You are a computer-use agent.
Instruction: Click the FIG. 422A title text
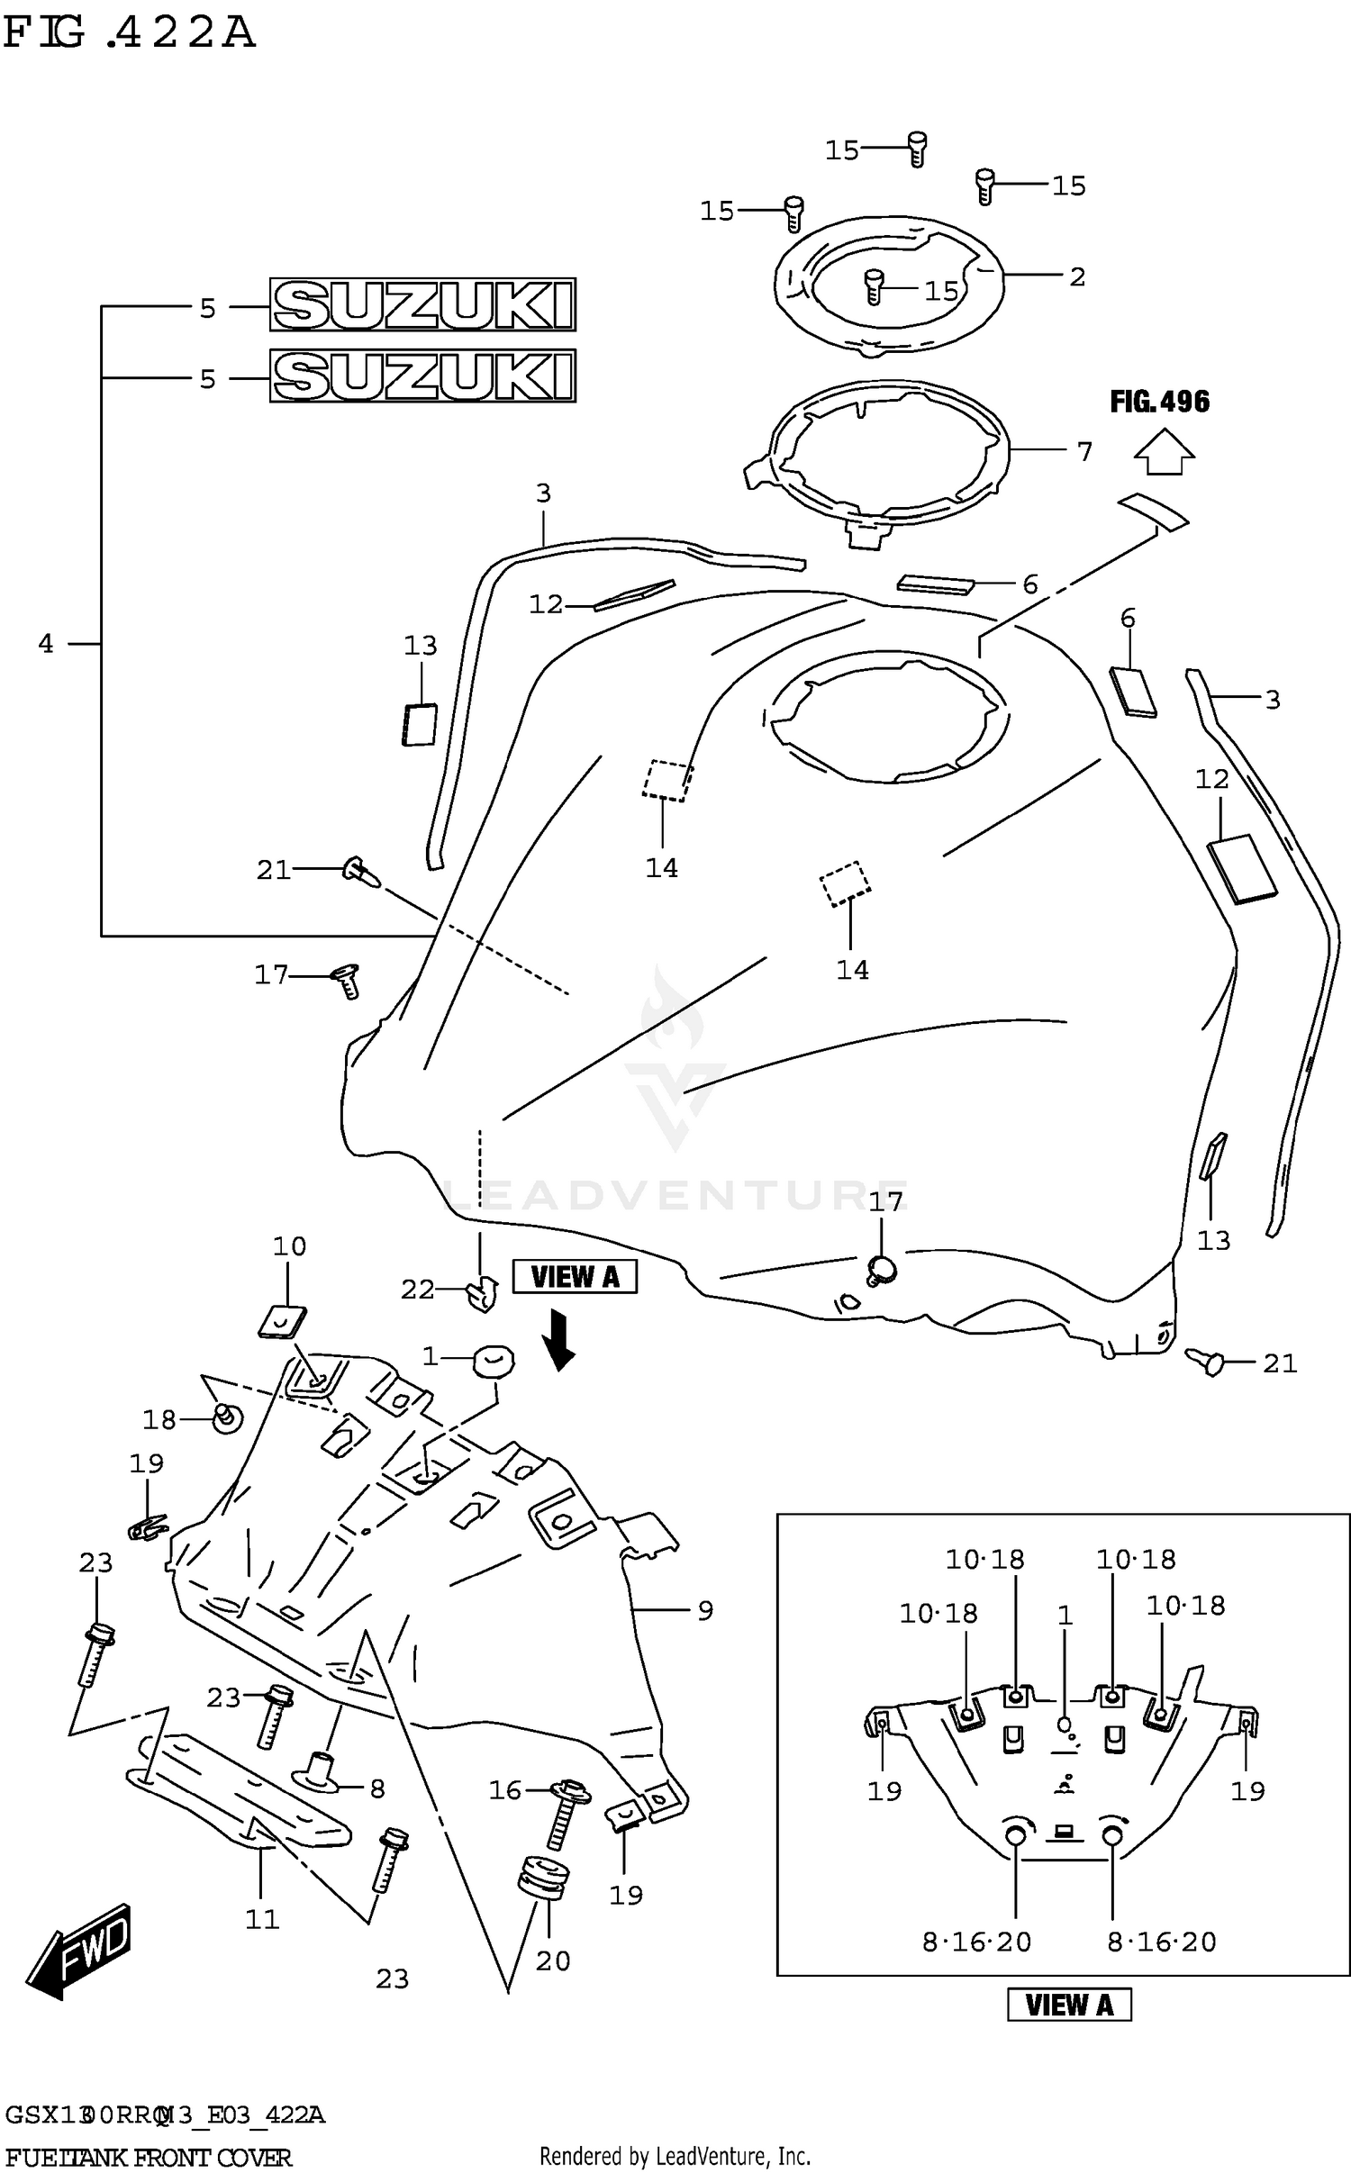coord(129,33)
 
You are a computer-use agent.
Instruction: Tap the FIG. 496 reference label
coord(1159,402)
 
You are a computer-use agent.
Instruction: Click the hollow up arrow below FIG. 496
coord(1164,452)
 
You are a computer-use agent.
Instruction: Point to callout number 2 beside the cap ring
coord(1077,276)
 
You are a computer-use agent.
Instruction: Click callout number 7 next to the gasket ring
coord(1084,451)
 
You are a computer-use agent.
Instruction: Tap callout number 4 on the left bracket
coord(46,643)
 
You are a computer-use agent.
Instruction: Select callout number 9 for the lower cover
coord(705,1609)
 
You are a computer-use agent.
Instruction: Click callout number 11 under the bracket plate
coord(262,1919)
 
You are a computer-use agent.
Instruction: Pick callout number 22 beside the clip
coord(417,1290)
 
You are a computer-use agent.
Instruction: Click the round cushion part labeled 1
coord(494,1359)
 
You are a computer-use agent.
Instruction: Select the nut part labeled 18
coord(227,1418)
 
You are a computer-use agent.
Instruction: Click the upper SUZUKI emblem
coord(422,304)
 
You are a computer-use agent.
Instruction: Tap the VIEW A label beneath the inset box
coord(1069,2005)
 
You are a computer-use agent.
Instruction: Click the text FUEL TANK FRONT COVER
coord(149,2157)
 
